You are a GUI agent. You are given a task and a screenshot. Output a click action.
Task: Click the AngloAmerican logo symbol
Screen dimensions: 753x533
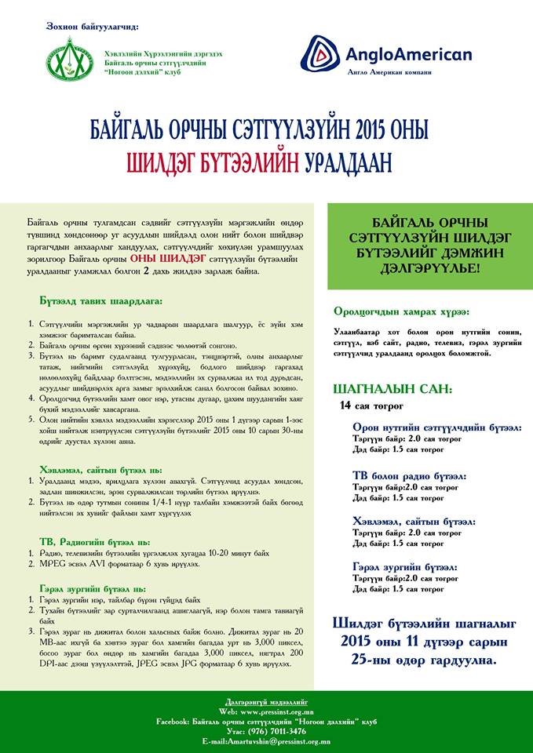[x=322, y=53]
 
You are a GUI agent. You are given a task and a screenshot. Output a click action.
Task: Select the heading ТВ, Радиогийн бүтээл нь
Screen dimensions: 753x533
[x=94, y=541]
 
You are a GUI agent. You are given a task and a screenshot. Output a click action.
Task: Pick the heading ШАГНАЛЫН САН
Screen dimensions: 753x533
[x=392, y=389]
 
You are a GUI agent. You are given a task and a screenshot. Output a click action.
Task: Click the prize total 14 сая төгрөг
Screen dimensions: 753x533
[x=371, y=406]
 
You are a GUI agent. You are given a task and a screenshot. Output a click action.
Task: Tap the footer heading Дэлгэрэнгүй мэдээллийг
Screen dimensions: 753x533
[x=266, y=700]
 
